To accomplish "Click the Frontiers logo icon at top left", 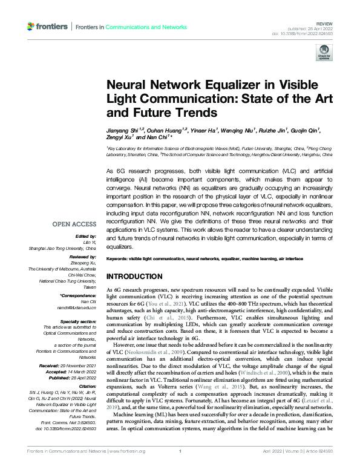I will [x=32, y=27].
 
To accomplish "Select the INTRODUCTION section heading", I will [x=137, y=277].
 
